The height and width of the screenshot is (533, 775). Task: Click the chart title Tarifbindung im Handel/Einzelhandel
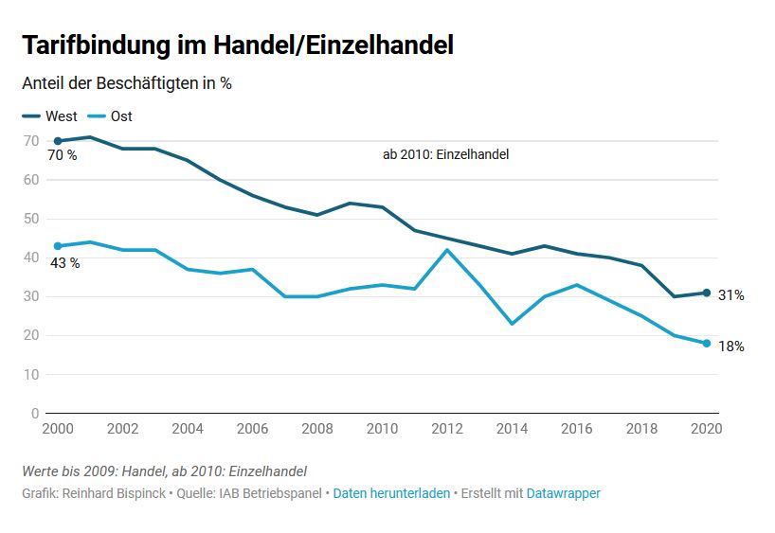237,44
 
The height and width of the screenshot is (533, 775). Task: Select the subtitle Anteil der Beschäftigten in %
127,83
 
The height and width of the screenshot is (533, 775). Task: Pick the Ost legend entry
110,116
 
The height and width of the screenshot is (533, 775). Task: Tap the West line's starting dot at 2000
58,141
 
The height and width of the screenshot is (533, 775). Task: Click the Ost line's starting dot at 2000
58,246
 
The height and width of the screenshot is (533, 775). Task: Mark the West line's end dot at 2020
707,293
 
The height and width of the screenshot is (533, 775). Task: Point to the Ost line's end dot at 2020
707,343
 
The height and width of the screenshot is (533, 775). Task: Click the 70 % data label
63,156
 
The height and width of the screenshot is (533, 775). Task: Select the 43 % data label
64,263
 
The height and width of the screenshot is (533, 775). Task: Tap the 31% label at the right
730,295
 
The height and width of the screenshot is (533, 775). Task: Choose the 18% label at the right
730,346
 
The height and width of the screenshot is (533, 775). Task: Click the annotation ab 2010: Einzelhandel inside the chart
445,154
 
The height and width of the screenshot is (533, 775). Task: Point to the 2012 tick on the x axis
447,428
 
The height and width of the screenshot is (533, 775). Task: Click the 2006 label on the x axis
252,428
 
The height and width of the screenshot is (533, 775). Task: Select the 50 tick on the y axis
31,219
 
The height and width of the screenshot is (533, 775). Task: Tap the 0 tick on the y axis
35,414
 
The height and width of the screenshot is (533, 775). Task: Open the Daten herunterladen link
391,493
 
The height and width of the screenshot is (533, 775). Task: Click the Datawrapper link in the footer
563,493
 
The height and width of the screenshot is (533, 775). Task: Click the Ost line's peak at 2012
447,250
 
